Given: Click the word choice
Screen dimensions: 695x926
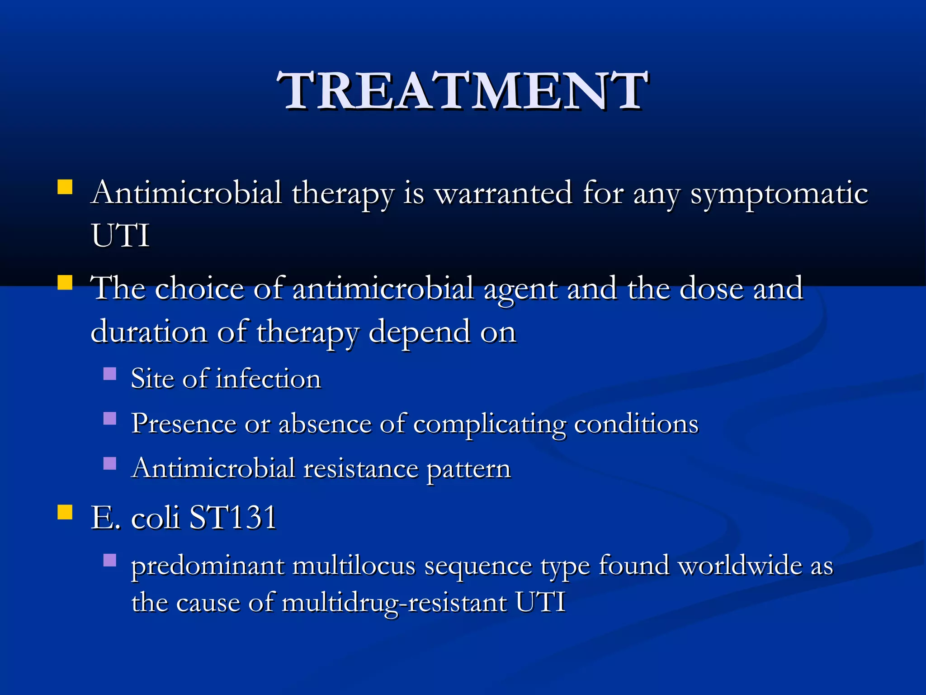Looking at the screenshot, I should coord(199,288).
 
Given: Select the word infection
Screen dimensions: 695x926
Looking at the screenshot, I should coord(269,378).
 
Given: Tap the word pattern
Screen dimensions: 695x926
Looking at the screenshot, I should coord(468,469).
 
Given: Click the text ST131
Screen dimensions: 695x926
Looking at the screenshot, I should coord(233,517).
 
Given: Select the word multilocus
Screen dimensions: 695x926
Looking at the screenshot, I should coord(354,566).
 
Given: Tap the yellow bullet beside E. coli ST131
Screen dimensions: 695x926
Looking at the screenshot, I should coord(65,512).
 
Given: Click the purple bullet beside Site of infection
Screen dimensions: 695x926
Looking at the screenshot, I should coord(110,373).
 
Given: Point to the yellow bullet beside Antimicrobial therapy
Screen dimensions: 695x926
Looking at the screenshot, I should coord(65,187).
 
